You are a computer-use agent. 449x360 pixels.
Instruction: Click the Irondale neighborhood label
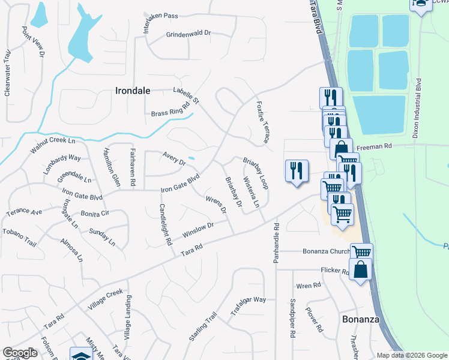(132, 91)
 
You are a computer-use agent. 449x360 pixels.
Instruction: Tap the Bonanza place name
(361, 319)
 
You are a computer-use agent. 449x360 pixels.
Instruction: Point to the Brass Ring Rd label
(170, 109)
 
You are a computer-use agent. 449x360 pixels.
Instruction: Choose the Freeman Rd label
(374, 146)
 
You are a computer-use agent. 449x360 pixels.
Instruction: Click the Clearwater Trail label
(8, 73)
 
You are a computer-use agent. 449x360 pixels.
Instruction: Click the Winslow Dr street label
(198, 229)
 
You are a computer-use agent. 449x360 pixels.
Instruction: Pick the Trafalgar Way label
(248, 307)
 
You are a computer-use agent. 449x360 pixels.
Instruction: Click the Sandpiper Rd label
(293, 316)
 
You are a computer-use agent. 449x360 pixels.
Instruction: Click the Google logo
(20, 353)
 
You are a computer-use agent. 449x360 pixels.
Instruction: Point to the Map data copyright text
(411, 355)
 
